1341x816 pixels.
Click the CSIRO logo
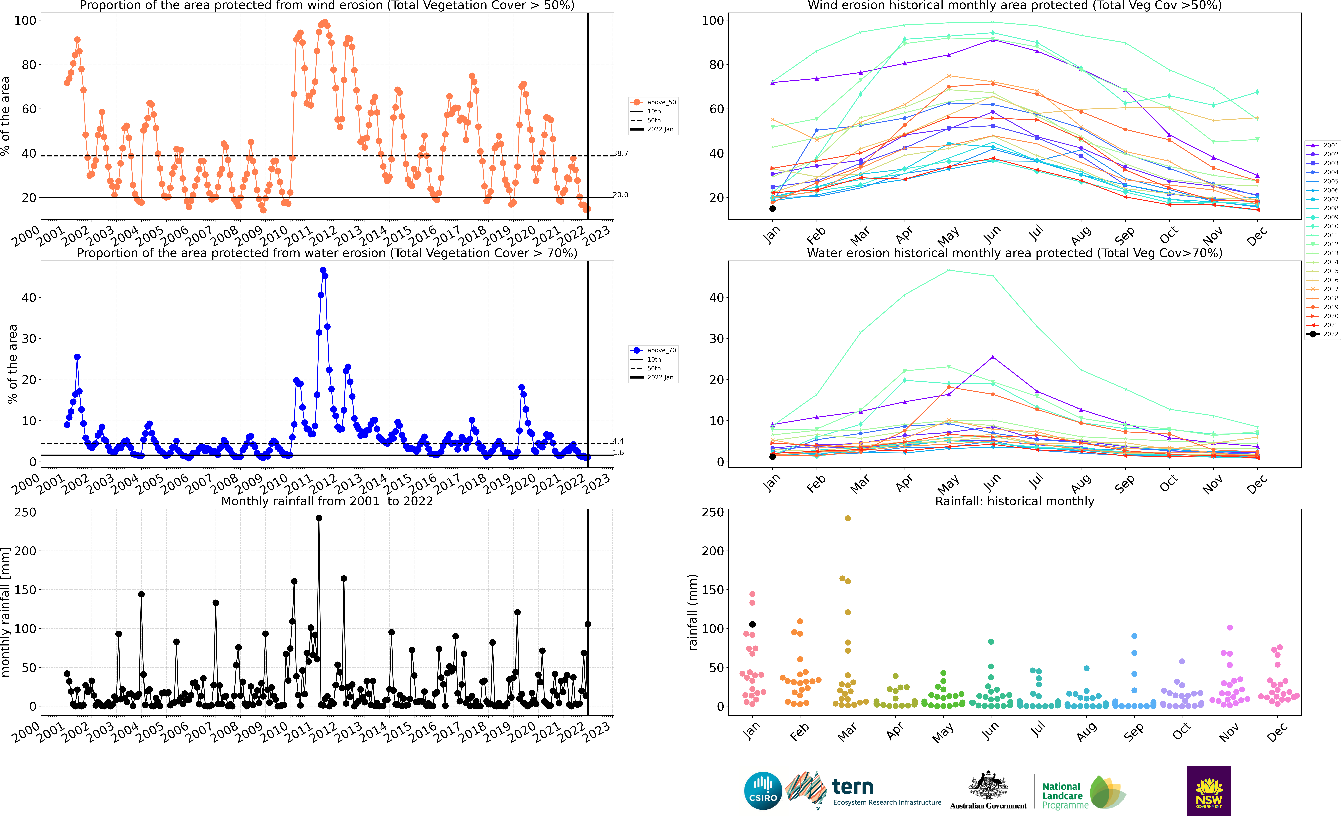[x=763, y=790]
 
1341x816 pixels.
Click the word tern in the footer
[x=853, y=787]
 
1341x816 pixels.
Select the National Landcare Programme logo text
[x=1065, y=795]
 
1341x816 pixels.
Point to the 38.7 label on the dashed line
[x=621, y=153]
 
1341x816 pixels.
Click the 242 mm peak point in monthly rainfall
[x=319, y=518]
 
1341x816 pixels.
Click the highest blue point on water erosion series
[x=323, y=270]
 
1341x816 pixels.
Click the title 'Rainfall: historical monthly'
[x=1015, y=501]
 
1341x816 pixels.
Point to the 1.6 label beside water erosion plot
[x=619, y=453]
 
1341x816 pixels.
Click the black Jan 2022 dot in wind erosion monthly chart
[x=772, y=208]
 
